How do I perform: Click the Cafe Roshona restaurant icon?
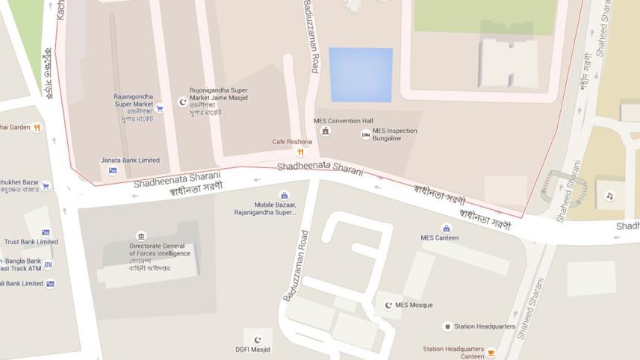[300, 152]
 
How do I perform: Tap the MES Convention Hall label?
[343, 121]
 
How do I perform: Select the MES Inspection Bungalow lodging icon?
[365, 134]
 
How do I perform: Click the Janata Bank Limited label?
[130, 160]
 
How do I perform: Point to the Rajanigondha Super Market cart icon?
[160, 108]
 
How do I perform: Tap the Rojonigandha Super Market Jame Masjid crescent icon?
[182, 102]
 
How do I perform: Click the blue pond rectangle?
[361, 75]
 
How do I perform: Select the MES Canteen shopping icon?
[447, 228]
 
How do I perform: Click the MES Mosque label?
[414, 305]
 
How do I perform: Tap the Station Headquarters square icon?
[447, 326]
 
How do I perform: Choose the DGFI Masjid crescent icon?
[258, 340]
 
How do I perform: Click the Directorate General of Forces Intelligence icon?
[141, 236]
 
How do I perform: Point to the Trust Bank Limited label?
[31, 241]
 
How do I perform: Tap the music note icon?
[609, 196]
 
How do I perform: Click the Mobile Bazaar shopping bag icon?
[284, 196]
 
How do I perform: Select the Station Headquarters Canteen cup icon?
[491, 353]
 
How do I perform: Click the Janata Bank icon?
[113, 170]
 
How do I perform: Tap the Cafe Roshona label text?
[291, 142]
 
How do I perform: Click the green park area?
[485, 15]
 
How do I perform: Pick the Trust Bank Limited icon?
[46, 232]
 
